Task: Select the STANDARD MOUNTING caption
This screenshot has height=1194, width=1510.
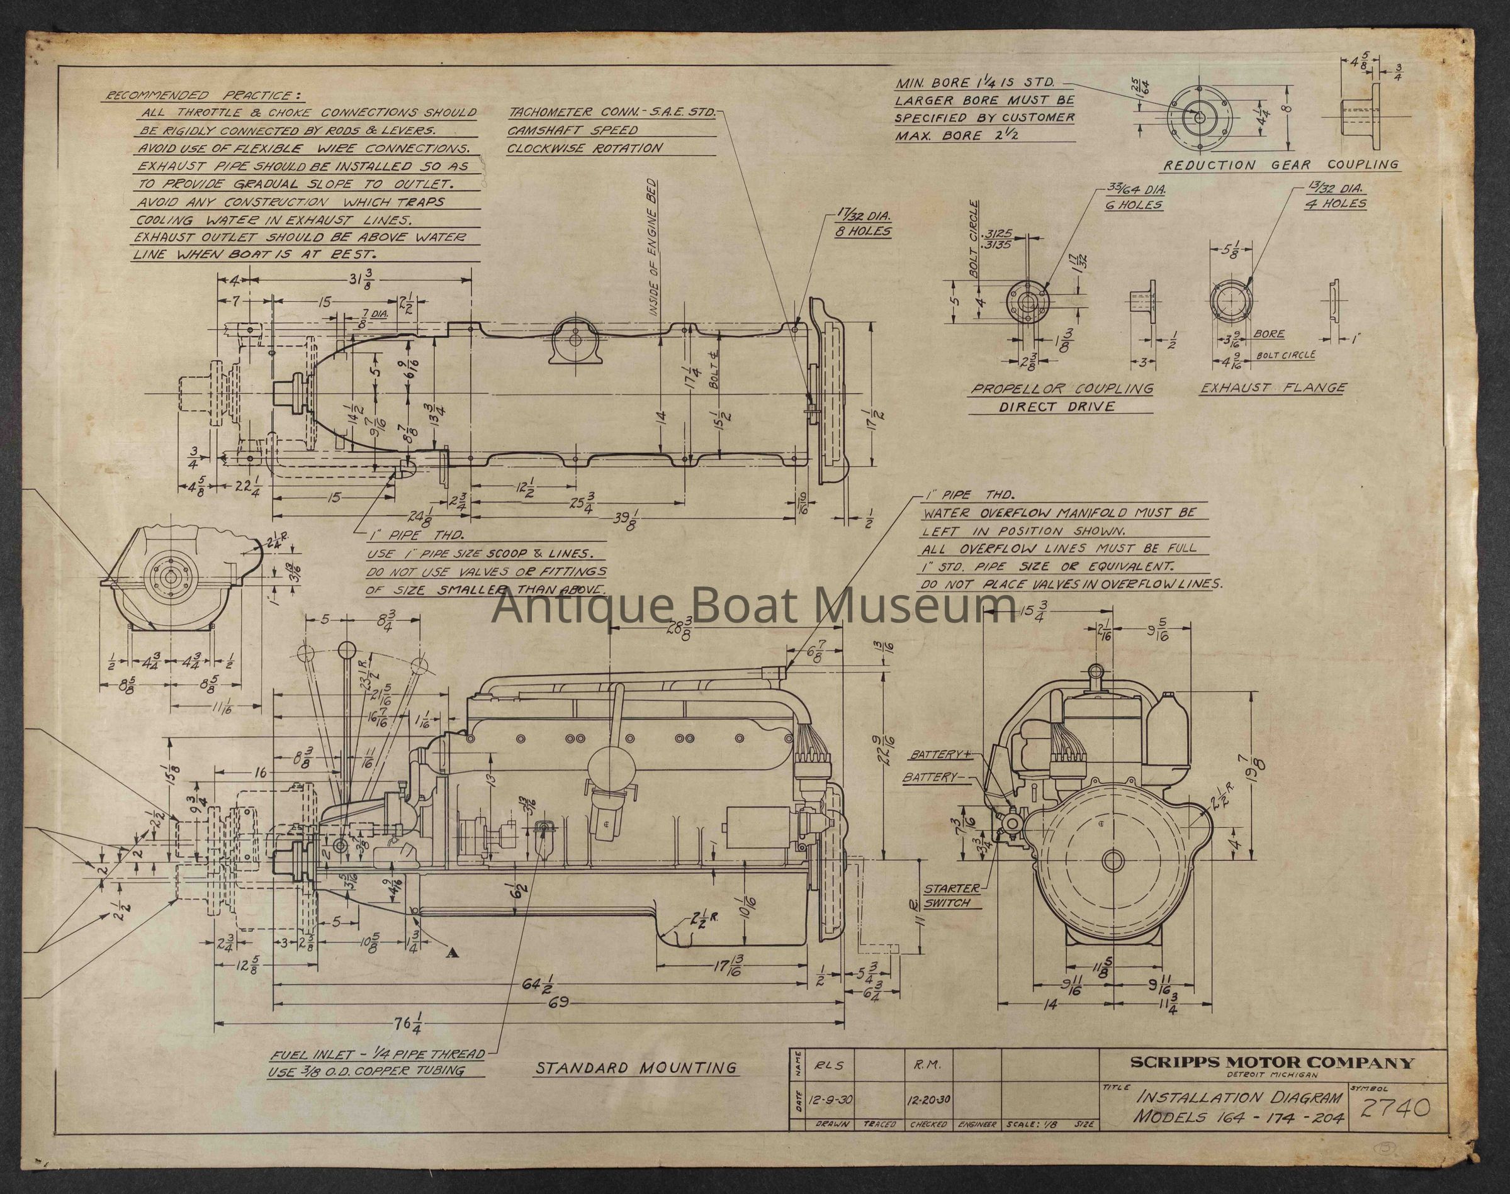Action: pos(636,1087)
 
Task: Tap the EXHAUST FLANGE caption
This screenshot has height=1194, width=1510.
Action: pos(1273,388)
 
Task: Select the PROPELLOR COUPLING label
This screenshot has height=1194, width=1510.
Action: pos(1061,389)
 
